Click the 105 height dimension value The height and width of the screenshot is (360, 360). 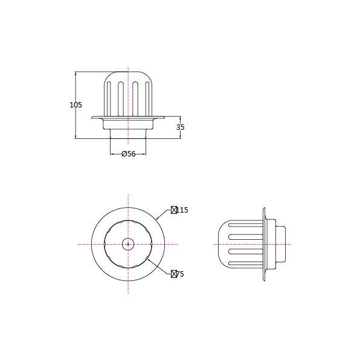[76, 105]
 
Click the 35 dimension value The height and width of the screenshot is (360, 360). [180, 127]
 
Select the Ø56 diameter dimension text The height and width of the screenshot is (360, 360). [129, 153]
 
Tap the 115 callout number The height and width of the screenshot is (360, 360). [182, 210]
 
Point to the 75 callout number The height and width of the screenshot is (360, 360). [180, 274]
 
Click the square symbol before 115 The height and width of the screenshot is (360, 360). [174, 210]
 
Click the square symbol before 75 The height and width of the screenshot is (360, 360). [174, 274]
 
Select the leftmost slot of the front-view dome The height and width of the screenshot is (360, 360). [109, 98]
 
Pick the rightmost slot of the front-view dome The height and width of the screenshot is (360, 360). [147, 98]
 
